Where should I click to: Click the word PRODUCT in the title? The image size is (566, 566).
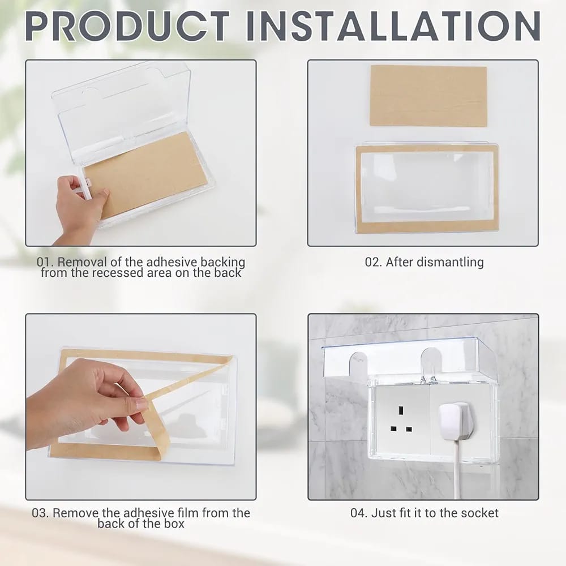click(127, 26)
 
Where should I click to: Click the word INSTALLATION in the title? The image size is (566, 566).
click(393, 26)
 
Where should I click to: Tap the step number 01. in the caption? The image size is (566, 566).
click(45, 261)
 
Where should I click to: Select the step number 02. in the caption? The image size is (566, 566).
click(374, 261)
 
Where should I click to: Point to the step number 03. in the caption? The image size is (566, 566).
click(40, 513)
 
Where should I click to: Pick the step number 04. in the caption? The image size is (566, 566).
click(359, 513)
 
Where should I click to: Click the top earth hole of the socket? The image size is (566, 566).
click(400, 410)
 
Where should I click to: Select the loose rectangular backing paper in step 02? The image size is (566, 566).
click(428, 96)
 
